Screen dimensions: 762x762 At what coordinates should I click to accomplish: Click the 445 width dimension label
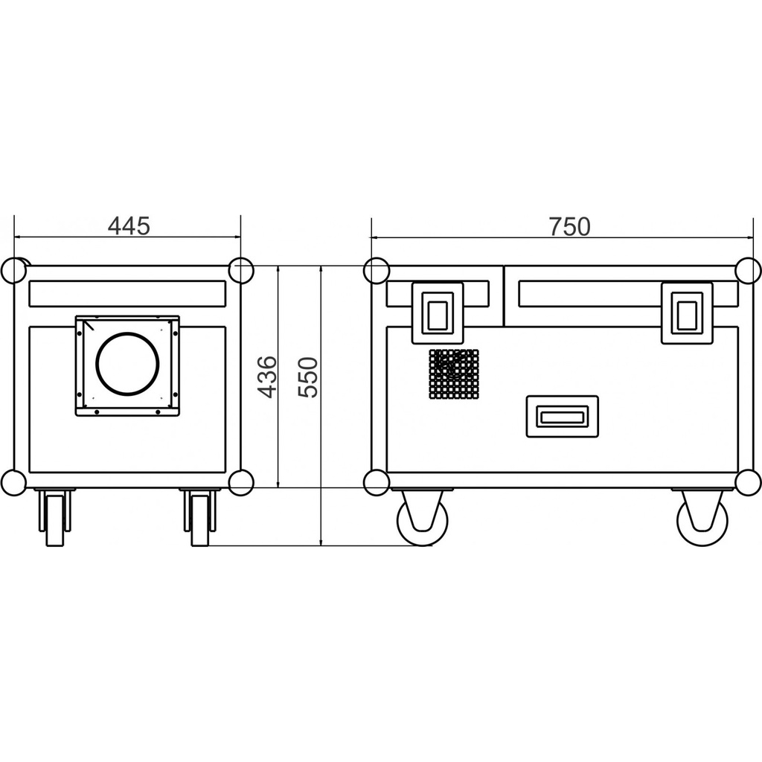[x=129, y=226]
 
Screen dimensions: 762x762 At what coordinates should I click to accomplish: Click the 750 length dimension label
[x=569, y=226]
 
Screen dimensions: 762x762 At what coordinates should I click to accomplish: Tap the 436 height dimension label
[x=267, y=377]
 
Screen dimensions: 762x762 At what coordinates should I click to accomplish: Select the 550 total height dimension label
[x=308, y=377]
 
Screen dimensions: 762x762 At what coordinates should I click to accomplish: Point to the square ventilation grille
[x=454, y=374]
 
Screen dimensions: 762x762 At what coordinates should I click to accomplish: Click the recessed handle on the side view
[x=563, y=417]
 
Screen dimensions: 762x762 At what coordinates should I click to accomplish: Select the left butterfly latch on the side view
[x=438, y=313]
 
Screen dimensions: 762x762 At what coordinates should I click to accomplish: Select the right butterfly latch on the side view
[x=687, y=313]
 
